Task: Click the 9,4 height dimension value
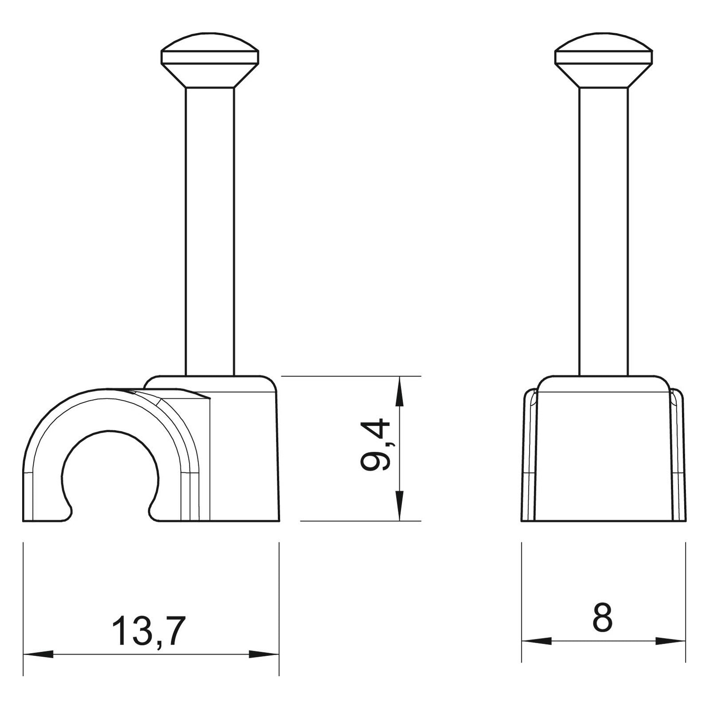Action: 375,445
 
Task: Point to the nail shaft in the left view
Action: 210,232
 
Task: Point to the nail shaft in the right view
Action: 604,232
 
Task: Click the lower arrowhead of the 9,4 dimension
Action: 400,505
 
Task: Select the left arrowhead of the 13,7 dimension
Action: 38,654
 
